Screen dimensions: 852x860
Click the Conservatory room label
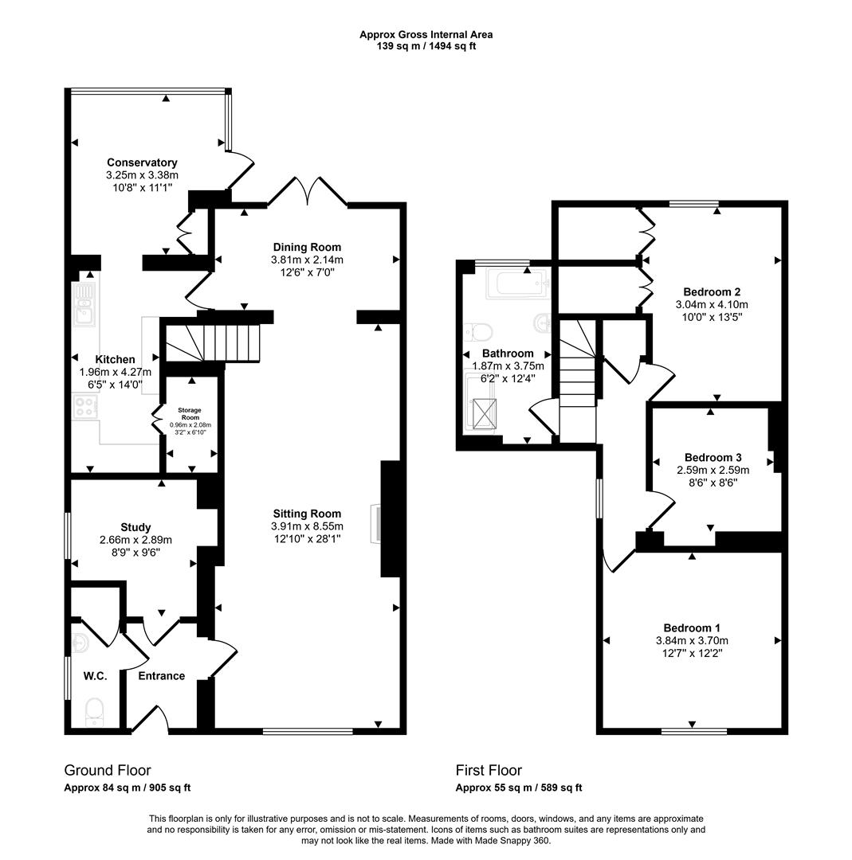tap(142, 162)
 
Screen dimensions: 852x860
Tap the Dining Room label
tap(307, 247)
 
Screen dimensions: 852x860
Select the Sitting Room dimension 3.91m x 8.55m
tap(307, 526)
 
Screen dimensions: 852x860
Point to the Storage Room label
tap(190, 413)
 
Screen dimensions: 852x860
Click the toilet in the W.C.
tap(94, 710)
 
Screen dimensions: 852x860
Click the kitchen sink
tap(84, 303)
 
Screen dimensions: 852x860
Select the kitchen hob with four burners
tap(85, 407)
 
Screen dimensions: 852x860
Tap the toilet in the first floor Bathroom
tap(479, 332)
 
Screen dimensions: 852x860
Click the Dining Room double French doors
tap(308, 191)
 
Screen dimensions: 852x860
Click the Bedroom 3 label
tap(713, 457)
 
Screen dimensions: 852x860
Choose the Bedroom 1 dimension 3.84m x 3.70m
tap(692, 640)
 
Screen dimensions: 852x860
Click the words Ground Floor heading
tap(108, 770)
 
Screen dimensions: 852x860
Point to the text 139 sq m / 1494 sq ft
tap(426, 46)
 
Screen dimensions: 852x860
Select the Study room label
tap(135, 527)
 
